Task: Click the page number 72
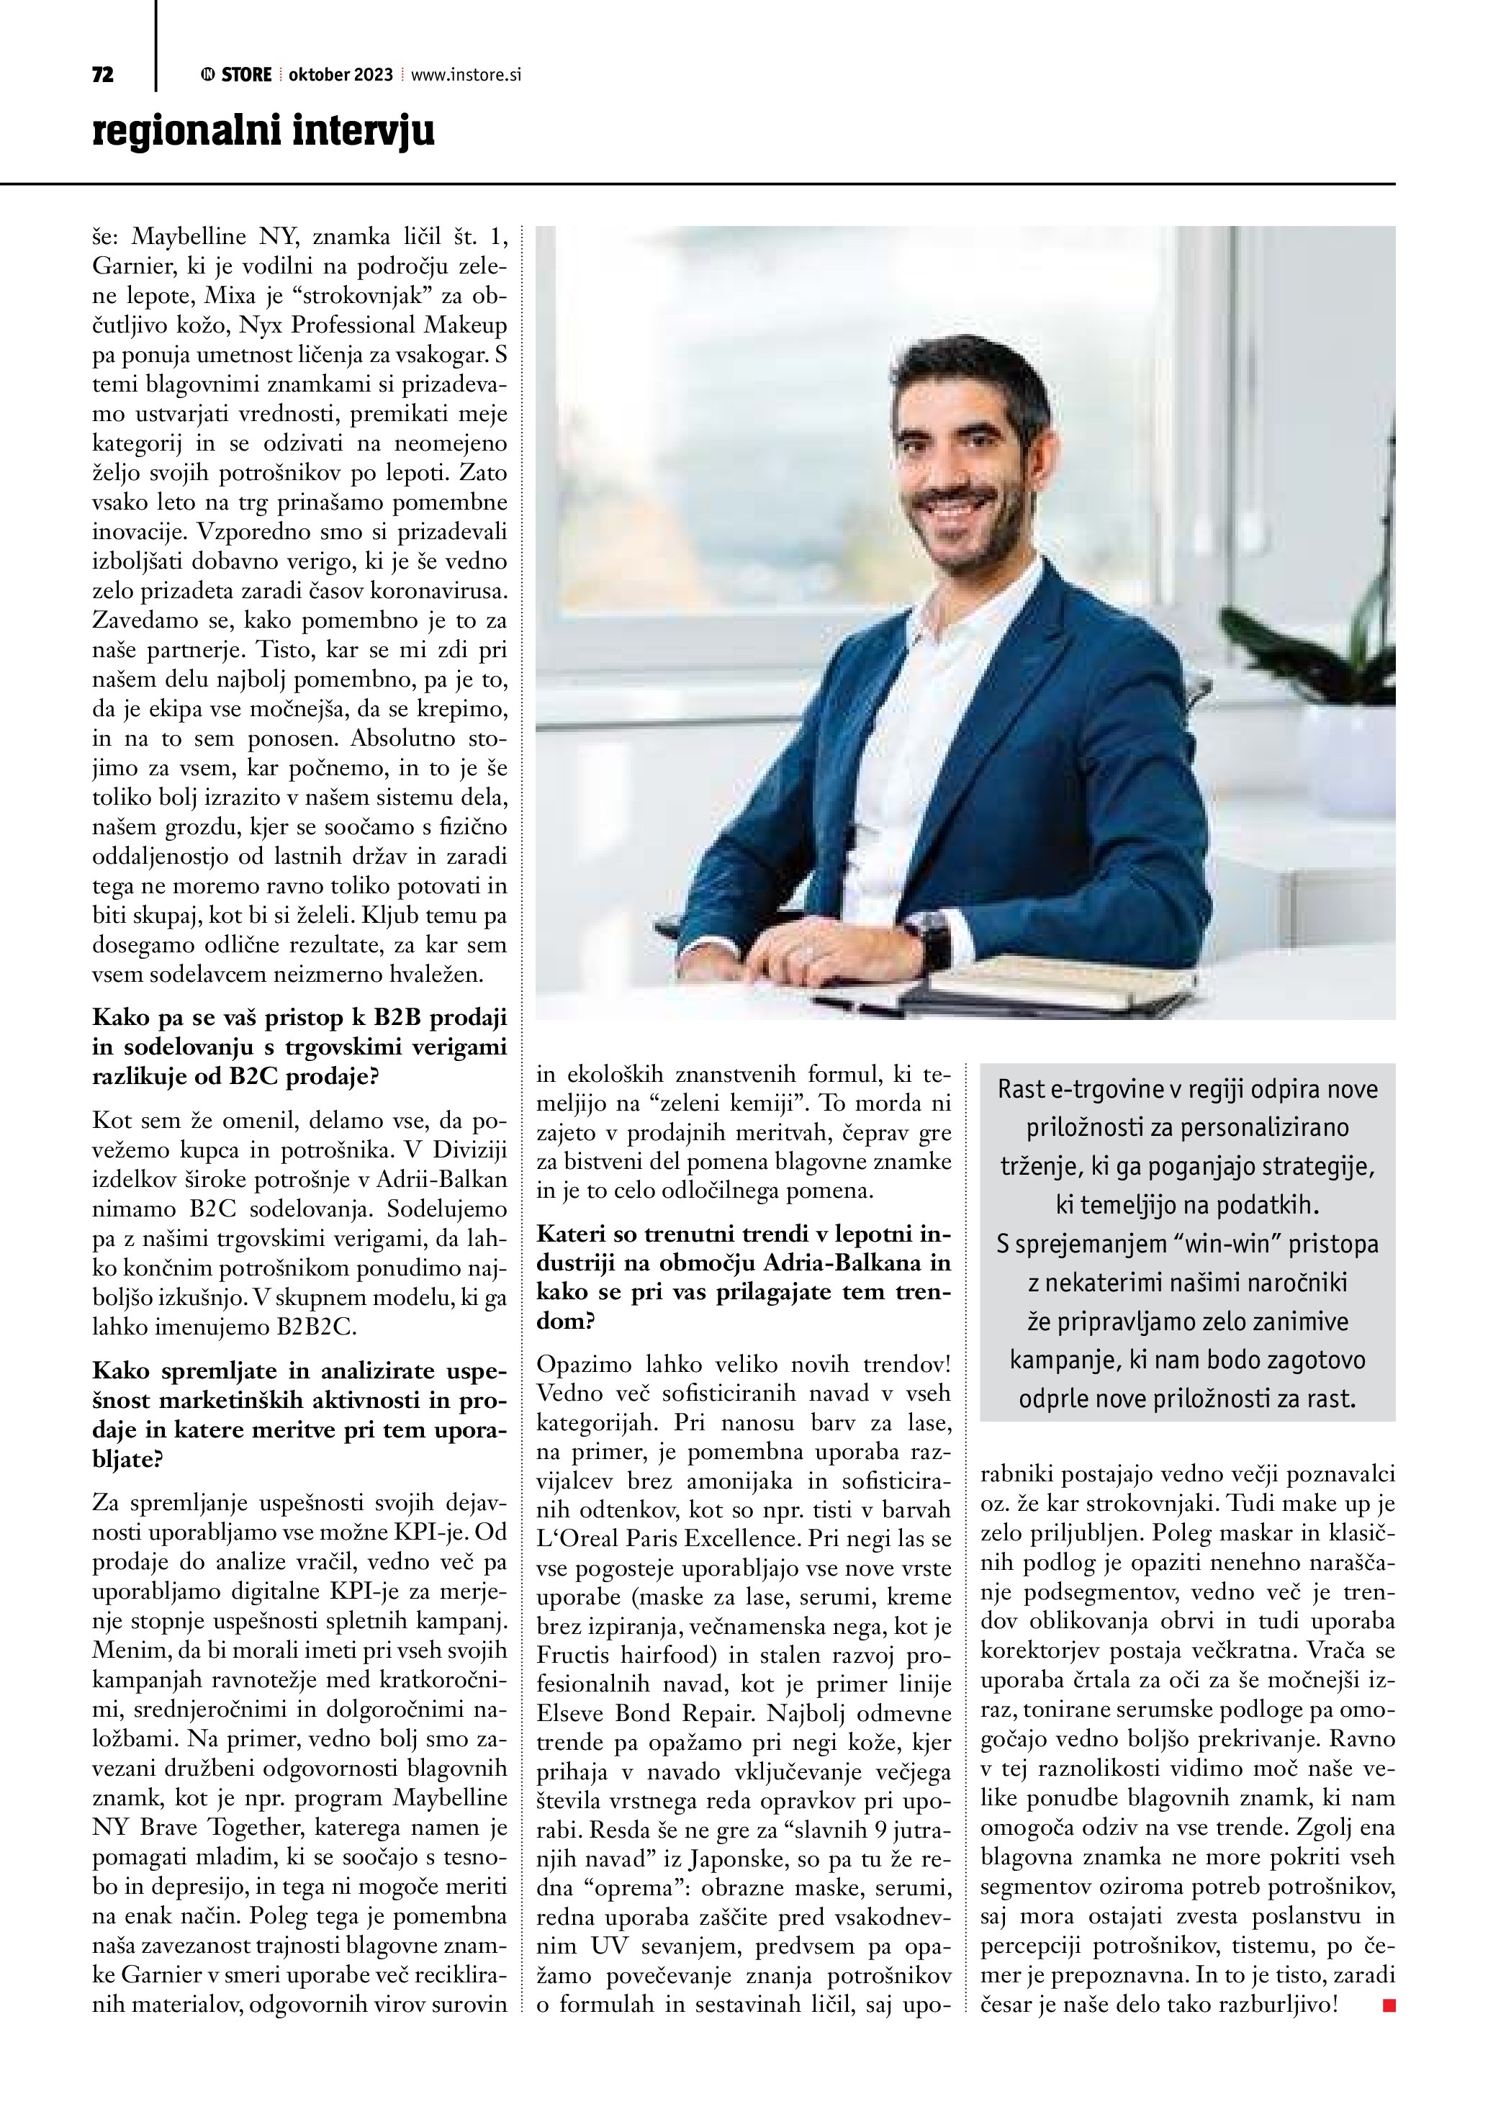103,75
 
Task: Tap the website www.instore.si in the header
466,75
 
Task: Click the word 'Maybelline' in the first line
189,238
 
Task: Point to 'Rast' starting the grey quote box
1021,1090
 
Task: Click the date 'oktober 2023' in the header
341,75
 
